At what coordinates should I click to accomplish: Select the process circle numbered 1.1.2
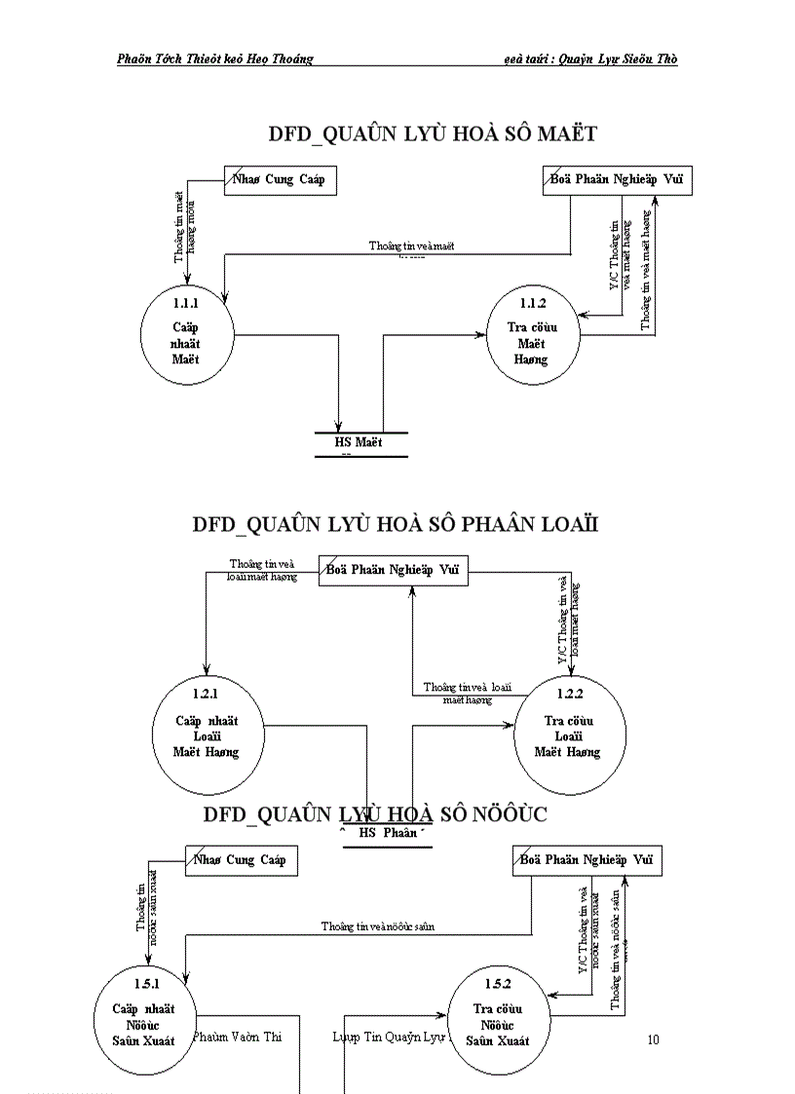click(531, 332)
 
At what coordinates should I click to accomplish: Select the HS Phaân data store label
click(388, 833)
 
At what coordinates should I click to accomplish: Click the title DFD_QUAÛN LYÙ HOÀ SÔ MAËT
click(433, 133)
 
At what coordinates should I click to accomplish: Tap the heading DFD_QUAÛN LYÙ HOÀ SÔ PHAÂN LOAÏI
click(395, 524)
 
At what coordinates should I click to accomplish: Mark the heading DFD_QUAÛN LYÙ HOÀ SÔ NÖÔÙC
click(375, 814)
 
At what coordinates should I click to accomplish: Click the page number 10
click(653, 1039)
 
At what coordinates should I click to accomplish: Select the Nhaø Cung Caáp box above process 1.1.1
click(280, 180)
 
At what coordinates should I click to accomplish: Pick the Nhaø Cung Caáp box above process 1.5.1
click(241, 860)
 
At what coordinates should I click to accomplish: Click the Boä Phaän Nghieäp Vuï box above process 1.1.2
click(616, 180)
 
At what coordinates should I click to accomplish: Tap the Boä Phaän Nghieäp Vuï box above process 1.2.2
click(394, 570)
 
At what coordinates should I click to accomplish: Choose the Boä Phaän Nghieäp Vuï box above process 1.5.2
click(587, 860)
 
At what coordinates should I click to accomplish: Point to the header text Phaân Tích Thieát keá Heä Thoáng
click(214, 58)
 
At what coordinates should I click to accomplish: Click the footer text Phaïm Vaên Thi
click(238, 1037)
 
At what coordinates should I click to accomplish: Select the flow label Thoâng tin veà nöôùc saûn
click(378, 926)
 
